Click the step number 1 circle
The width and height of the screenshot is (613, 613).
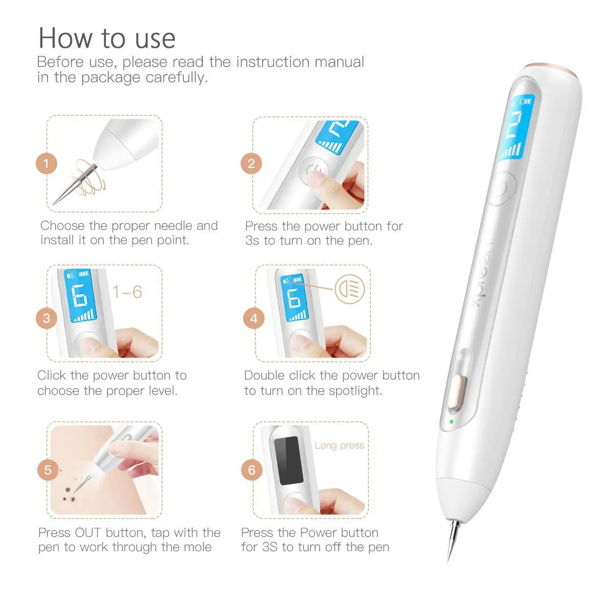[x=46, y=164]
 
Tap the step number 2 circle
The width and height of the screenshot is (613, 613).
[x=251, y=163]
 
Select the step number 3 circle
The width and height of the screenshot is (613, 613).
[x=46, y=319]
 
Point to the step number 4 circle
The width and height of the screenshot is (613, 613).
[x=254, y=319]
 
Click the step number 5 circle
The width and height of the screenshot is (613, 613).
[x=48, y=470]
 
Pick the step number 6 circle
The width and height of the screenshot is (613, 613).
[x=251, y=470]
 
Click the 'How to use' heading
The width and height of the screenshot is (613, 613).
[x=107, y=38]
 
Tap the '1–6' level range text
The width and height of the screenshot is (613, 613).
[x=127, y=292]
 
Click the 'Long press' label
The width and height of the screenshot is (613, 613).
[x=339, y=445]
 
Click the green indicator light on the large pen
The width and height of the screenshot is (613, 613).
[x=451, y=422]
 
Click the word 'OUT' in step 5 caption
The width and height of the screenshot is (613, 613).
[x=88, y=533]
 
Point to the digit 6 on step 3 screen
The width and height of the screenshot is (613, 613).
[x=80, y=296]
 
